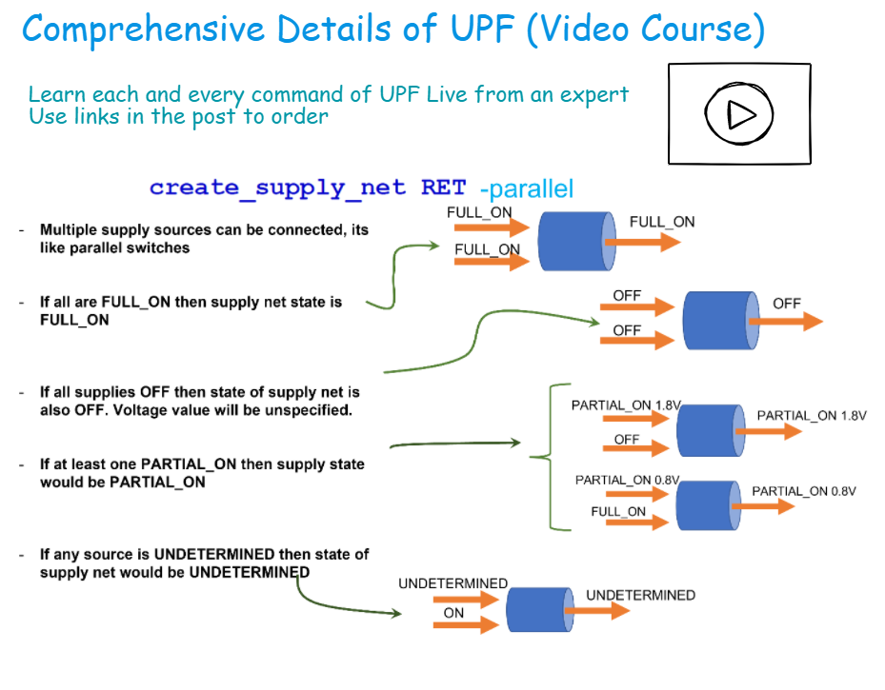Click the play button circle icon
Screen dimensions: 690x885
738,113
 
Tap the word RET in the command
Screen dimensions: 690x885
443,187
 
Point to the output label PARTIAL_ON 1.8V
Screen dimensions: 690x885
812,416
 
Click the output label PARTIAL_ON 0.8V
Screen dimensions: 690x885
804,491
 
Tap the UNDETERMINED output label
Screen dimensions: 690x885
640,595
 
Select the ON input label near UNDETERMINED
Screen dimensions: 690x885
453,613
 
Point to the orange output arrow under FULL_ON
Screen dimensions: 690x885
643,242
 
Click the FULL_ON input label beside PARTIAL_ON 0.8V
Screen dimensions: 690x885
618,512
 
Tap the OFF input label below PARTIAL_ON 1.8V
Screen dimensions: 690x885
627,440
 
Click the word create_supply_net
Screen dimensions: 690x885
277,187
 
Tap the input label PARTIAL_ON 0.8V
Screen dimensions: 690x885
627,480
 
